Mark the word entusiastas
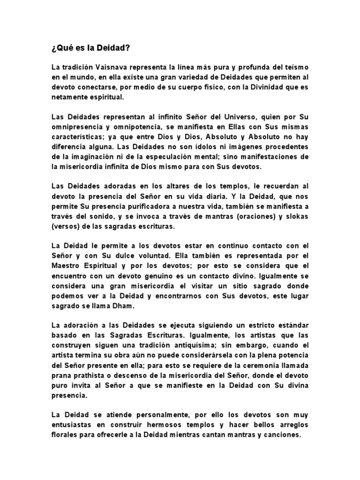pyautogui.click(x=74, y=425)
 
